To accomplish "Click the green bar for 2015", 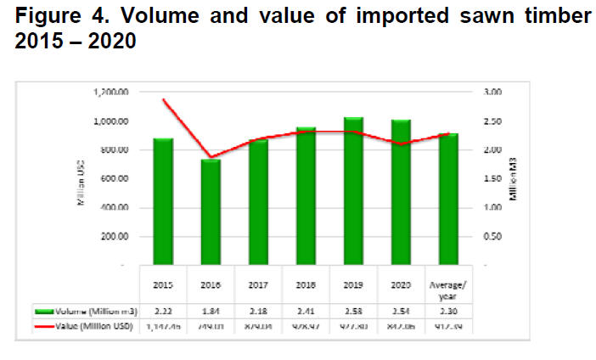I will point(163,201).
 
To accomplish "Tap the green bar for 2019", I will point(354,191).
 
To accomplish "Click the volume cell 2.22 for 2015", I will point(163,309).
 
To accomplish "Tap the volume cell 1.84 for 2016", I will point(211,309).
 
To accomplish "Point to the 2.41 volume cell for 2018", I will point(306,309).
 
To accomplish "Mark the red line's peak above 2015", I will point(163,99).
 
